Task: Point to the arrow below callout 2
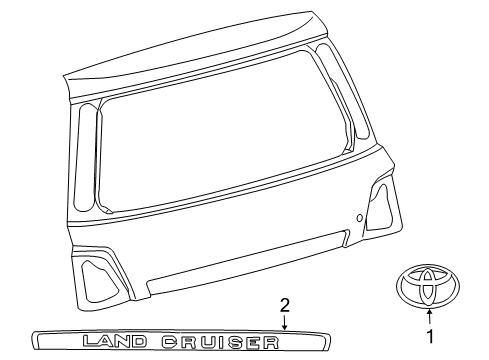tap(284, 320)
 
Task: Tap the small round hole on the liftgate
tap(358, 217)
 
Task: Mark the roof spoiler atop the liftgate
tap(200, 50)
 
